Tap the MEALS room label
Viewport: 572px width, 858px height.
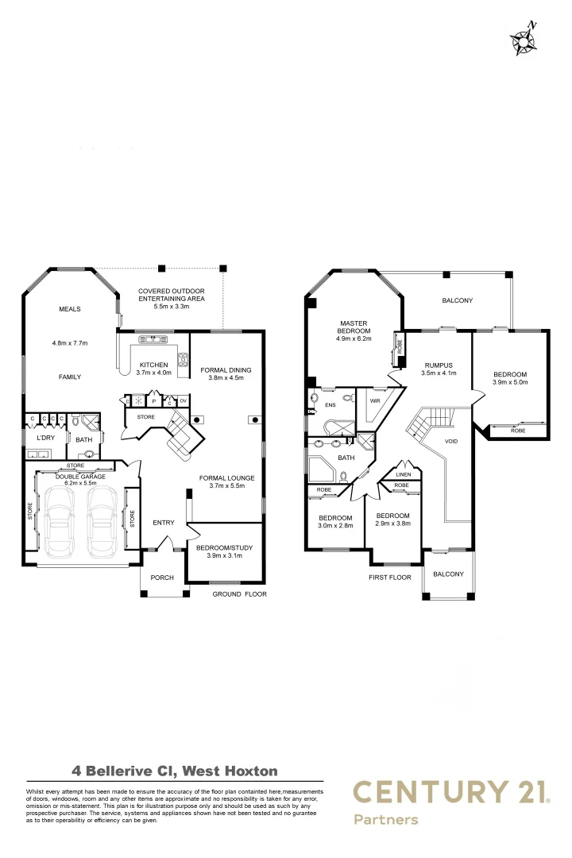coord(70,309)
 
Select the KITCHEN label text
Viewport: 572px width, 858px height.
coord(152,365)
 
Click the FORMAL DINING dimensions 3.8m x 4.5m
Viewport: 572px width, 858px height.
coord(226,378)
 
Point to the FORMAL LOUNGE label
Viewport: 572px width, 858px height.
coord(226,477)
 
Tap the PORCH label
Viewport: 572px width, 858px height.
coord(163,578)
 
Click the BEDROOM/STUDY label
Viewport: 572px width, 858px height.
coord(224,547)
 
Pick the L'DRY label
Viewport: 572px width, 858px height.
coord(44,438)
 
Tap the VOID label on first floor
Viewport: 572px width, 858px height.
coord(451,441)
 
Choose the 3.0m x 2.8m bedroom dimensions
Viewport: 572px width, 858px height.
coord(335,526)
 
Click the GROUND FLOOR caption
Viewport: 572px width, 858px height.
coord(239,593)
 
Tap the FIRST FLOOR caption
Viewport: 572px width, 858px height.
coord(390,578)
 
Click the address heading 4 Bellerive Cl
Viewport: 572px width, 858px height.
coord(175,770)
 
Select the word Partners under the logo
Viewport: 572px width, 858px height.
coord(385,819)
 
